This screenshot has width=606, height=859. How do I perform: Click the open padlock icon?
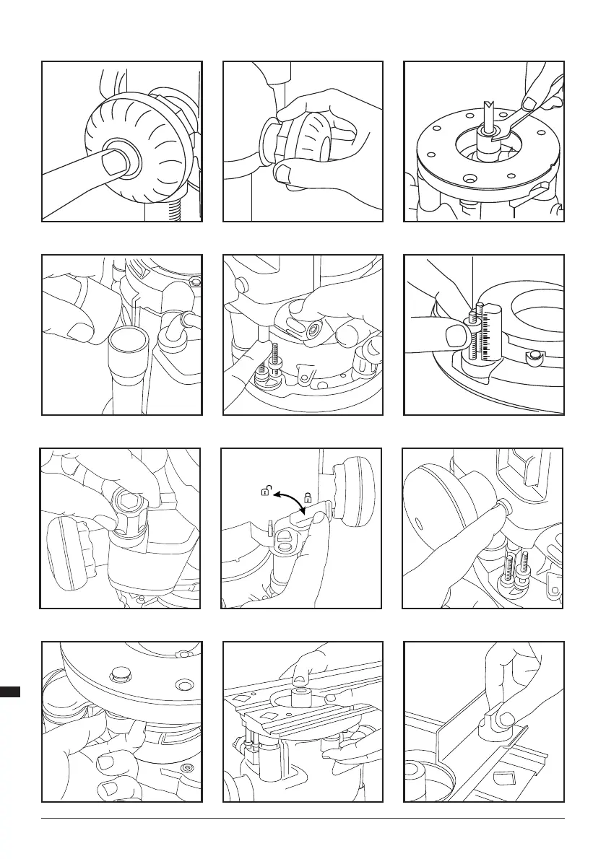266,492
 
